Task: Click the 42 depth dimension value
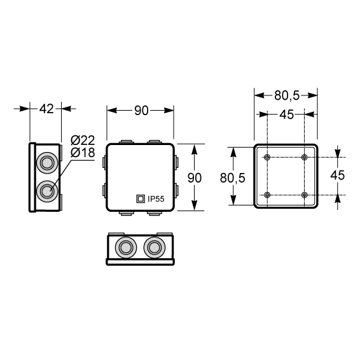[46, 109]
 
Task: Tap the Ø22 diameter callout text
[83, 141]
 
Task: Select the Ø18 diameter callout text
[83, 153]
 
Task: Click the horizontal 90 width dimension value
[141, 111]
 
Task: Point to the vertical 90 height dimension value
[195, 177]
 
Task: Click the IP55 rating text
[156, 199]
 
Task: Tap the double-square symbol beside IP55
[141, 199]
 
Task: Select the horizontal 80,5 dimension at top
[287, 95]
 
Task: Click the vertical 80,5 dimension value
[233, 177]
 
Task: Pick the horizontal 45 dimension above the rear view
[286, 114]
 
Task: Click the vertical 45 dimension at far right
[338, 175]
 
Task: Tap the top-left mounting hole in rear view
[267, 157]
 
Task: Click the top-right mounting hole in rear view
[305, 157]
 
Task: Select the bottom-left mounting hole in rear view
[267, 195]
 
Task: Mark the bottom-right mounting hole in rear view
[305, 195]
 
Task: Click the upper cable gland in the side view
[47, 163]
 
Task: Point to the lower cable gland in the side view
[47, 191]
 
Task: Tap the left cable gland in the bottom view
[125, 247]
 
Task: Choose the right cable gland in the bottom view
[155, 247]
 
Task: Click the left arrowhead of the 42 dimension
[25, 109]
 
